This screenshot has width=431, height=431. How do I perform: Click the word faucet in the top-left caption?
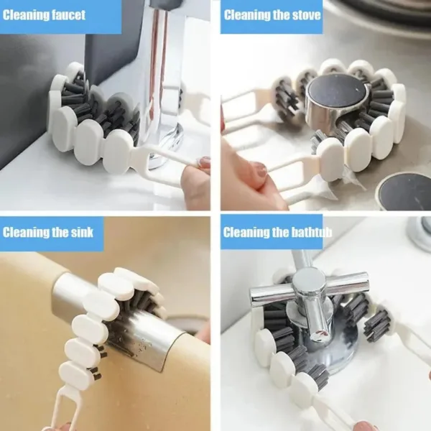tap(68, 14)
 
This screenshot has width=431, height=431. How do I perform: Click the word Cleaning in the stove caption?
tap(247, 14)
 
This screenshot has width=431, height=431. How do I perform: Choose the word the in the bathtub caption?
tap(282, 232)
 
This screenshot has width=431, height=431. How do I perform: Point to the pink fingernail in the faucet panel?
tap(204, 164)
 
